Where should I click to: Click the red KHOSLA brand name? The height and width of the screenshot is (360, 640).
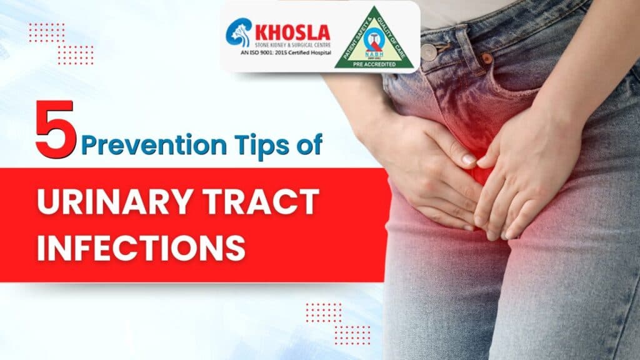click(291, 30)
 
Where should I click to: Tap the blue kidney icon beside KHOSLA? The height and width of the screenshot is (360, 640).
click(237, 31)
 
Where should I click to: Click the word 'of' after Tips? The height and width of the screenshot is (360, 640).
click(309, 146)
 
